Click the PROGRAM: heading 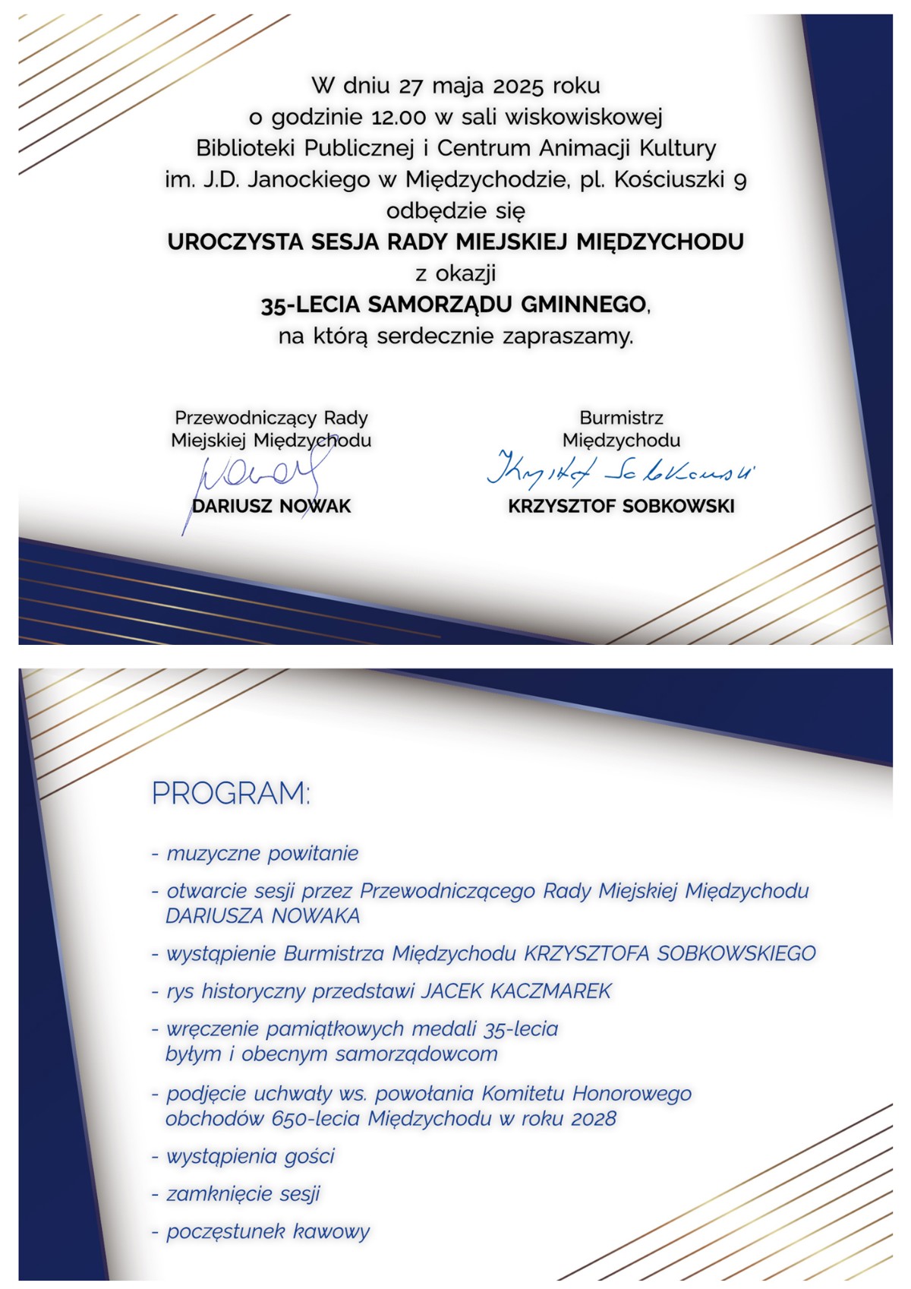click(231, 793)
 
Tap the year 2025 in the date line click(519, 86)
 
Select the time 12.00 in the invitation click(399, 118)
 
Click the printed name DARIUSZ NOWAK click(272, 507)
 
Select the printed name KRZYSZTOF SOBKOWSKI click(621, 507)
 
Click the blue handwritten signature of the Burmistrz click(619, 472)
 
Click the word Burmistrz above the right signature click(621, 418)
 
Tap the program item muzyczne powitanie click(262, 854)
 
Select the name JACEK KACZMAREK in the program click(516, 991)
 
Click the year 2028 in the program click(593, 1119)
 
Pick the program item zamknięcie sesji click(243, 1194)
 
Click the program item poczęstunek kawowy click(267, 1232)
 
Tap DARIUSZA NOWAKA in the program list click(263, 916)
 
